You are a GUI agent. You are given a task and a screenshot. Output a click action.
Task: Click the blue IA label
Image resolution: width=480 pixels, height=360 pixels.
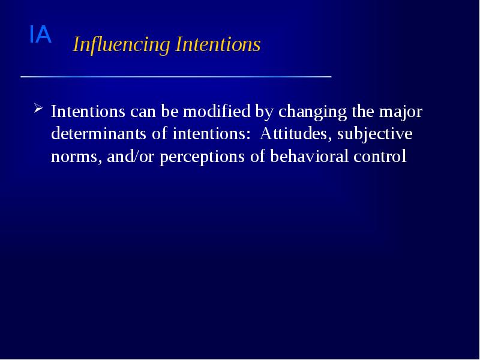pyautogui.click(x=40, y=35)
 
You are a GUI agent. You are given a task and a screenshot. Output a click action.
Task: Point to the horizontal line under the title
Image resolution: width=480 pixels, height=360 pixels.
pyautogui.click(x=176, y=77)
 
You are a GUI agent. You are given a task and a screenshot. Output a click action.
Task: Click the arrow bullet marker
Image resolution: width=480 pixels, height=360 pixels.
pyautogui.click(x=38, y=109)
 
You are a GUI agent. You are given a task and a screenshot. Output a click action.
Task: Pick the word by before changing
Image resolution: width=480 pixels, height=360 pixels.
pyautogui.click(x=265, y=112)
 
